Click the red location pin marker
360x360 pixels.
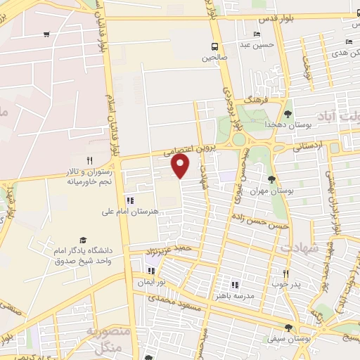point(181,166)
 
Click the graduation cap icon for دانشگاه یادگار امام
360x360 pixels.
point(83,240)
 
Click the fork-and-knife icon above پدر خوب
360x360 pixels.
point(285,273)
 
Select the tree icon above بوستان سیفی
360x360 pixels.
point(288,328)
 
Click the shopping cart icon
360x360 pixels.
point(46,34)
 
